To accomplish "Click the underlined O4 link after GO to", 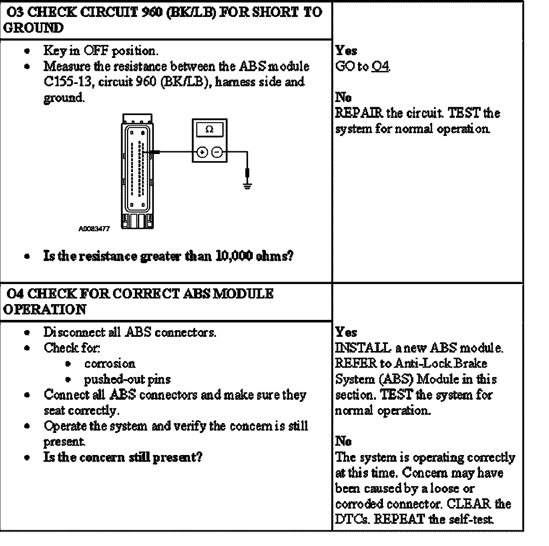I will pos(381,67).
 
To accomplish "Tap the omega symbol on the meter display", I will pos(209,129).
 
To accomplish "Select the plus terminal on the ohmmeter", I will pos(202,152).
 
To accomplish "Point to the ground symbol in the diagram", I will pos(247,186).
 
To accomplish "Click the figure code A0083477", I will pos(94,228).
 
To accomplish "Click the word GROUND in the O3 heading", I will pos(33,28).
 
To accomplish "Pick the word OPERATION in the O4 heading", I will pos(45,310).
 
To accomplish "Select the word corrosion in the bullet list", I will pos(109,364).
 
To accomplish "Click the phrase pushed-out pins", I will pos(127,379).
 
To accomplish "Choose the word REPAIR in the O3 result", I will pos(359,113).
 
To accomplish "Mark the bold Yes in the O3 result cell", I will pos(346,51).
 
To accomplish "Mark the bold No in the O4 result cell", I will pos(343,441).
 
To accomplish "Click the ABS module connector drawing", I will pos(137,171).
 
